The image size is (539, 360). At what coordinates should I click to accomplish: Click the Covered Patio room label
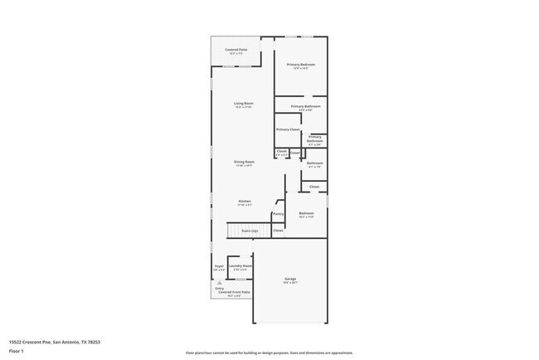click(x=236, y=50)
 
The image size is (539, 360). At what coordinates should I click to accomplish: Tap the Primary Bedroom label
click(x=301, y=64)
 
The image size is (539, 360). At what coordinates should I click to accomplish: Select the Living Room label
click(x=243, y=103)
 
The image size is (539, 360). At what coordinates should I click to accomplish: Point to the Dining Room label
click(x=244, y=162)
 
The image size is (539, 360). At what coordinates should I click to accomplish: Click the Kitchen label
click(x=245, y=201)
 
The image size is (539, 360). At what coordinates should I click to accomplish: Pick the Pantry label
click(x=278, y=214)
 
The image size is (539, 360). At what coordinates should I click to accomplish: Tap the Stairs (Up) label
click(x=249, y=230)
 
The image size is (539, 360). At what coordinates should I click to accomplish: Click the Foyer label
click(x=219, y=265)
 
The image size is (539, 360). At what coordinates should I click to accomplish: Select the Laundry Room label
click(x=241, y=265)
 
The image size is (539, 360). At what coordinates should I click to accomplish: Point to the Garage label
click(x=290, y=279)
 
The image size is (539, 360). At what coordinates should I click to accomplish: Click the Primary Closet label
click(x=288, y=129)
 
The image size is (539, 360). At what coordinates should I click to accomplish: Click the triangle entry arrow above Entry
click(x=220, y=282)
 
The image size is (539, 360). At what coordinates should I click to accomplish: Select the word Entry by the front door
click(x=219, y=288)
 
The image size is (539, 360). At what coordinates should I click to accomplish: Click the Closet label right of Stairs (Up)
click(x=278, y=230)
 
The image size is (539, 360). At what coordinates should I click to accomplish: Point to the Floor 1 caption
click(x=16, y=351)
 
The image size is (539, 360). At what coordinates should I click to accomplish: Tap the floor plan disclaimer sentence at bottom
click(x=269, y=353)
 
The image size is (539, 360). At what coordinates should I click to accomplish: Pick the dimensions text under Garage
click(x=290, y=283)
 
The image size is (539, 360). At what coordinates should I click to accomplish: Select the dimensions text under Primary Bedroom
click(x=301, y=68)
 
